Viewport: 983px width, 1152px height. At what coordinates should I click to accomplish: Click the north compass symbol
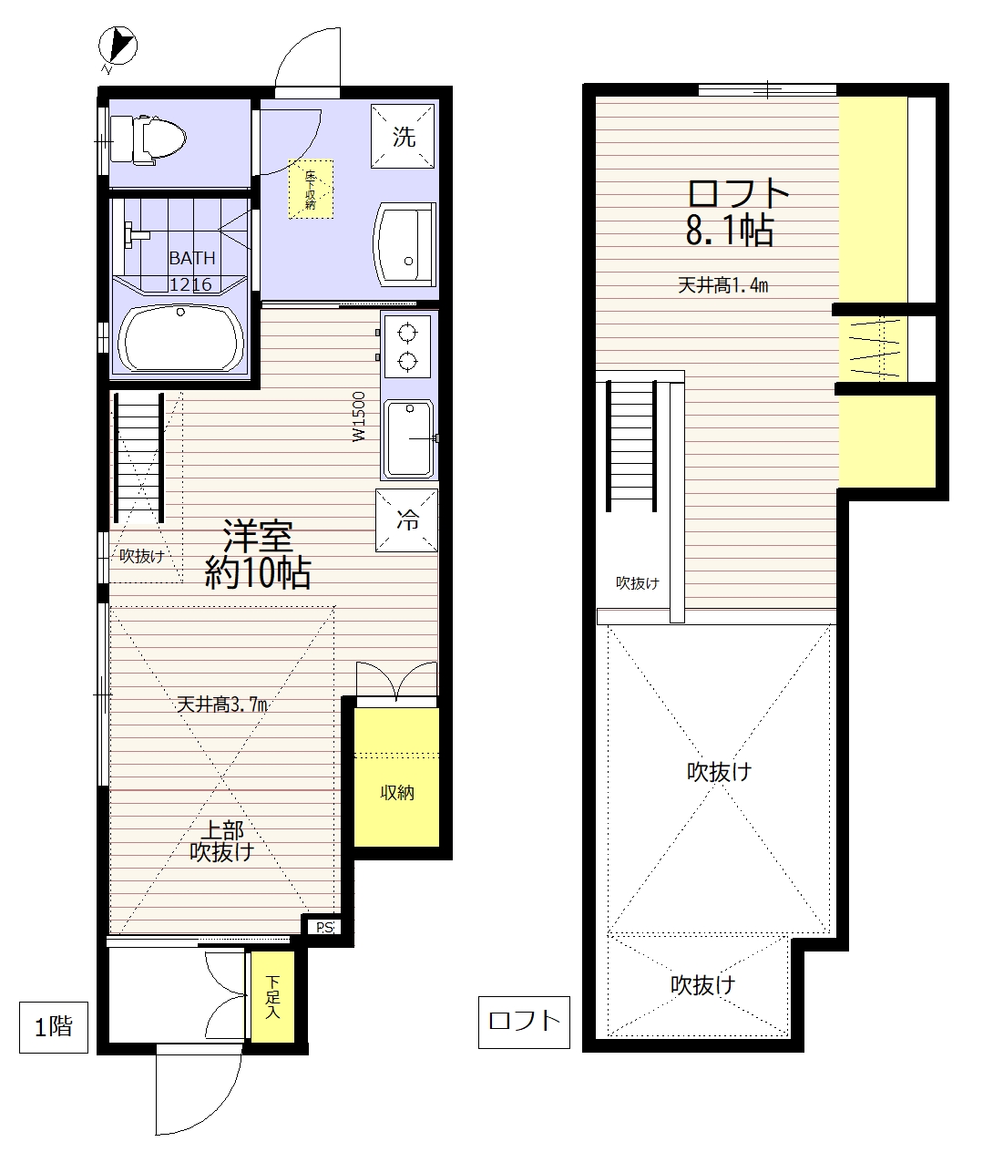pyautogui.click(x=118, y=46)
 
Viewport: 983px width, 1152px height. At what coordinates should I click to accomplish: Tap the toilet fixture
pyautogui.click(x=148, y=140)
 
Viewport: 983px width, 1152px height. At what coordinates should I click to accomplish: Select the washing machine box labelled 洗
pyautogui.click(x=403, y=136)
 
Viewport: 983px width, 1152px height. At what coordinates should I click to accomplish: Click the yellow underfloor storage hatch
pyautogui.click(x=311, y=189)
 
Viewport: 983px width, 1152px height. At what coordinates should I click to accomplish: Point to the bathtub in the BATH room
pyautogui.click(x=179, y=338)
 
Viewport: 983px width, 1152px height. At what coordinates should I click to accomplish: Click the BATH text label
pyautogui.click(x=192, y=258)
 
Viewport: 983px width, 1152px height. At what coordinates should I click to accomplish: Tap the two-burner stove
pyautogui.click(x=407, y=346)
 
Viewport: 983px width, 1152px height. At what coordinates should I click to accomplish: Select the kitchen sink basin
pyautogui.click(x=410, y=439)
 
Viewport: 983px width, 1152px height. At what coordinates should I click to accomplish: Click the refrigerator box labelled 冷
pyautogui.click(x=407, y=520)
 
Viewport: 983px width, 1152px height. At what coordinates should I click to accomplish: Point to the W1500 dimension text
pyautogui.click(x=359, y=417)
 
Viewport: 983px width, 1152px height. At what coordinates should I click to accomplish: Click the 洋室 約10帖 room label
pyautogui.click(x=258, y=554)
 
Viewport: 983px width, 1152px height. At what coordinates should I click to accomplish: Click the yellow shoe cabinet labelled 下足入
pyautogui.click(x=272, y=996)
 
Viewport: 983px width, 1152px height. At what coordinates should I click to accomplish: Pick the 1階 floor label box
pyautogui.click(x=54, y=1027)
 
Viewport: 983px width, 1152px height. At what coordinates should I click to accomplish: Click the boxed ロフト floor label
pyautogui.click(x=524, y=1023)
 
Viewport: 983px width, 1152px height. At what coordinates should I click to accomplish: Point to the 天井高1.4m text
pyautogui.click(x=722, y=286)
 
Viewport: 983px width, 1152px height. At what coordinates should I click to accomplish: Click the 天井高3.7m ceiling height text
pyautogui.click(x=222, y=705)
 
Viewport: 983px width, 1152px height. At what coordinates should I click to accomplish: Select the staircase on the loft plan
pyautogui.click(x=632, y=446)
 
